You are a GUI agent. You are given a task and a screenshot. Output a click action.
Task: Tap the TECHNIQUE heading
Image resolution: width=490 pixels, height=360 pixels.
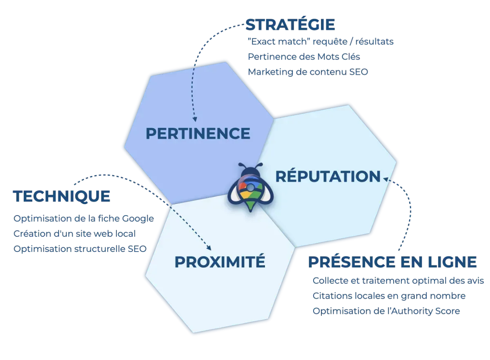[x=62, y=196]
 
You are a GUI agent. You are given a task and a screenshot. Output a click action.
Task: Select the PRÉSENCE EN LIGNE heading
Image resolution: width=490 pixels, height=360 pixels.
[x=392, y=262]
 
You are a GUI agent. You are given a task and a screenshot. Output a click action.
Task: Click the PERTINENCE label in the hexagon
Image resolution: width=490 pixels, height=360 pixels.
[x=198, y=133]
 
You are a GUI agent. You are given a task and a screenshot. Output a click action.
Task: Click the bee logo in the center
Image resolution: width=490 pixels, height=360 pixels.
[x=250, y=187]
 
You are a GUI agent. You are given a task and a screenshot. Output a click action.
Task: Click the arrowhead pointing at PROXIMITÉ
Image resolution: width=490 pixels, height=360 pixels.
[x=209, y=248]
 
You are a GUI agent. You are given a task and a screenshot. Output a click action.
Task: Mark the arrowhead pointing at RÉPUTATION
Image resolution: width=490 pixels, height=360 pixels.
[x=385, y=179]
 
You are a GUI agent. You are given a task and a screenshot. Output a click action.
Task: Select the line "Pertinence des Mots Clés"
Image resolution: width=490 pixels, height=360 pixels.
[x=304, y=57]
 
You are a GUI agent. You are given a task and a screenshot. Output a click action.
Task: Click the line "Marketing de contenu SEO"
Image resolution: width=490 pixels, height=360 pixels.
[x=308, y=72]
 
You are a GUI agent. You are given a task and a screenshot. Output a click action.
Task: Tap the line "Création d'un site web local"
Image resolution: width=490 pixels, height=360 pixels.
[x=75, y=233]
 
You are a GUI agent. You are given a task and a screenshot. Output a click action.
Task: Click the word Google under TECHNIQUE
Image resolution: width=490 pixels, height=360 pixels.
[x=138, y=219]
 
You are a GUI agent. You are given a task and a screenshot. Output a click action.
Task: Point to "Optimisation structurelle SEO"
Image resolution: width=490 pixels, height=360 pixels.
[x=80, y=249]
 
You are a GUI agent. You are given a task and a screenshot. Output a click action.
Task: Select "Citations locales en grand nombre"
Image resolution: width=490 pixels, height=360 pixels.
[x=389, y=296]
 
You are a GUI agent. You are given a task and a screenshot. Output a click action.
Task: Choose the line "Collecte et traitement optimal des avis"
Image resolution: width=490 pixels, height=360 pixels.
[x=399, y=280]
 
